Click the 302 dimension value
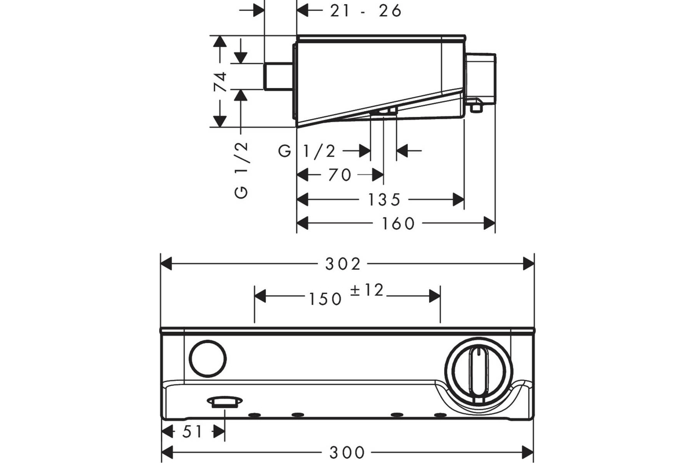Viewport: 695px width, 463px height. pyautogui.click(x=342, y=264)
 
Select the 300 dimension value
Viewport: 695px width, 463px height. pyautogui.click(x=347, y=453)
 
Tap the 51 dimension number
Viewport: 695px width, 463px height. pyautogui.click(x=192, y=431)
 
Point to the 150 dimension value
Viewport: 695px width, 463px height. pyautogui.click(x=325, y=299)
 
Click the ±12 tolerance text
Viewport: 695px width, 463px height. pyautogui.click(x=367, y=291)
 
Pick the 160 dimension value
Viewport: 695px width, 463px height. pyautogui.click(x=398, y=223)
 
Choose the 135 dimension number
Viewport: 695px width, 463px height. pyautogui.click(x=384, y=200)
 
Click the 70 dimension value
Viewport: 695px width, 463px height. pyautogui.click(x=340, y=175)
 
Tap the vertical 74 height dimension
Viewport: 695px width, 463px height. pyautogui.click(x=220, y=82)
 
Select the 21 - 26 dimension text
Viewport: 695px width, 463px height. pyautogui.click(x=366, y=11)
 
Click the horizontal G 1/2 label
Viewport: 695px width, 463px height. pyautogui.click(x=307, y=151)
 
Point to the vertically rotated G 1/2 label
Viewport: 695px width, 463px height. pyautogui.click(x=242, y=170)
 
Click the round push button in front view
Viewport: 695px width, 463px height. pyautogui.click(x=207, y=358)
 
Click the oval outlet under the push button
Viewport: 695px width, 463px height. pyautogui.click(x=225, y=401)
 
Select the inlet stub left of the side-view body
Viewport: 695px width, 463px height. pyautogui.click(x=279, y=76)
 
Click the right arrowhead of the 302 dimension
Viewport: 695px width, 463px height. pyautogui.click(x=528, y=264)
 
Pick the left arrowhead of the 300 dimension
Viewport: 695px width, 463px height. pyautogui.click(x=167, y=453)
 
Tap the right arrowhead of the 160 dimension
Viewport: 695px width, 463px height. pyautogui.click(x=489, y=223)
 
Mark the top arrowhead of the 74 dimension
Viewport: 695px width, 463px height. pyautogui.click(x=220, y=42)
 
